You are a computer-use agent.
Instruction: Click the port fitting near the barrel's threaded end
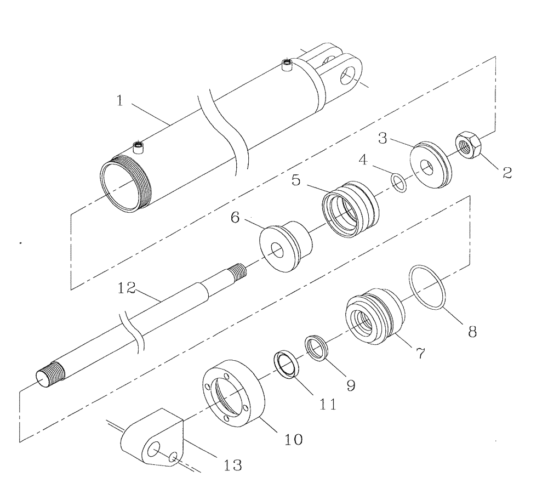(x=140, y=147)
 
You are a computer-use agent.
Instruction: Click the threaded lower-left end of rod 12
(x=49, y=376)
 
